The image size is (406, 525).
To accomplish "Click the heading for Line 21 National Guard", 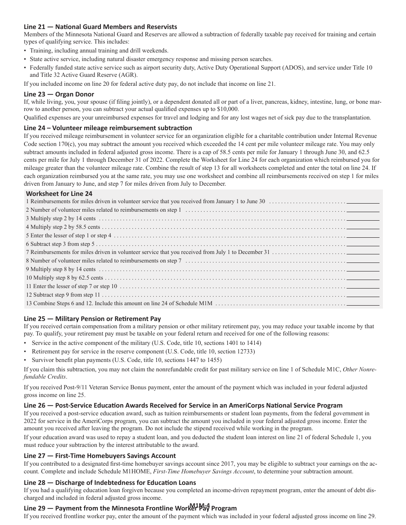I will click(100, 27).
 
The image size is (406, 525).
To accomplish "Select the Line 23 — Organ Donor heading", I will click(59, 94).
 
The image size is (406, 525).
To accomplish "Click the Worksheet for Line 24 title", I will click(59, 193).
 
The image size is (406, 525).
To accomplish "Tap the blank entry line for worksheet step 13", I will click(363, 304).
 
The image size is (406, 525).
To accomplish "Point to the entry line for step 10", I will click(363, 278).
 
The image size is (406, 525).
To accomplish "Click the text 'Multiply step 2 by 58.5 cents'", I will click(63, 227).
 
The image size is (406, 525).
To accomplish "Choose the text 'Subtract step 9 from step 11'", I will click(63, 295).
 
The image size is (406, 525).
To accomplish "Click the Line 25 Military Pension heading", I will click(92, 318).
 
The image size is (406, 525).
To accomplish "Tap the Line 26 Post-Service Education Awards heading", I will click(183, 405).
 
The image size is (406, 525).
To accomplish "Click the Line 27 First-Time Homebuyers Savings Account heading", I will click(100, 455).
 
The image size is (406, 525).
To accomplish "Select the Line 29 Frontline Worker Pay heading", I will click(130, 508).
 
